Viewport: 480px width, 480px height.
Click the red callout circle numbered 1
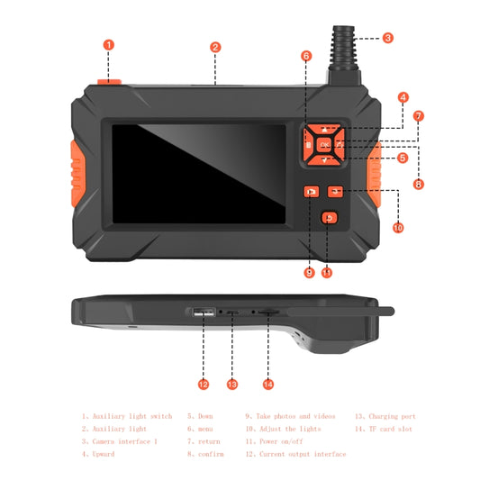108,44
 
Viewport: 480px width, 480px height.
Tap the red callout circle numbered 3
387,38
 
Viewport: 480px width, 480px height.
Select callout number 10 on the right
398,228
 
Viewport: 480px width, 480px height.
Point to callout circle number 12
204,385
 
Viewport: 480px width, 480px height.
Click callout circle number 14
267,385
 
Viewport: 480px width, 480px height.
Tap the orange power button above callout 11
330,217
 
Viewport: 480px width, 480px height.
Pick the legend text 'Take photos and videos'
290,416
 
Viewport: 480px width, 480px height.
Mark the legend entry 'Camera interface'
122,441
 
